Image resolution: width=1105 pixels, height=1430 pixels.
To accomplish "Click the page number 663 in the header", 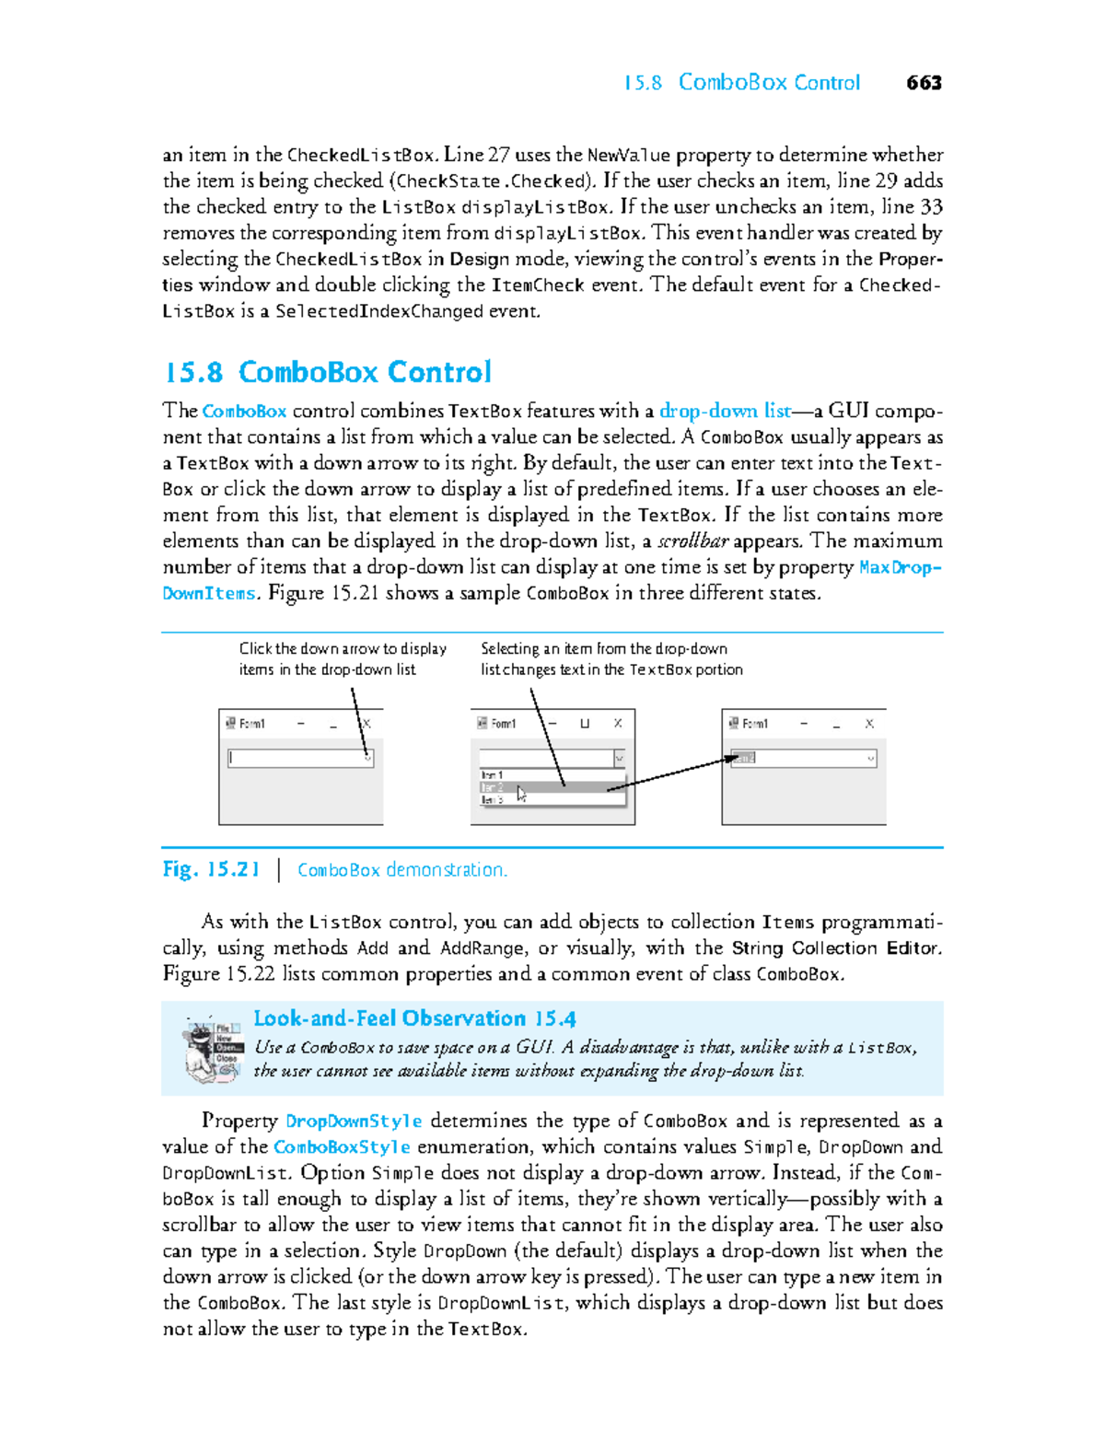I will pos(924,83).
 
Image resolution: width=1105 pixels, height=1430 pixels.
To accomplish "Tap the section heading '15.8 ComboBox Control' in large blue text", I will pos(328,372).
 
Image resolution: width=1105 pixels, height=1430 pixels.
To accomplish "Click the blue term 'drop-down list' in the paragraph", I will pos(725,411).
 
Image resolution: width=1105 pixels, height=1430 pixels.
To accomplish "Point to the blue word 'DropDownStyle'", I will pos(354,1121).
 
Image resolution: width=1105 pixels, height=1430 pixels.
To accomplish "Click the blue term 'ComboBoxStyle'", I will pos(342,1146).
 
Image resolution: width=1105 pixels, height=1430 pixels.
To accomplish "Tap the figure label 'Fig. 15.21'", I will pos(211,869).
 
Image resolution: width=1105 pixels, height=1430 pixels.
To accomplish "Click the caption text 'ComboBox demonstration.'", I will pos(402,869).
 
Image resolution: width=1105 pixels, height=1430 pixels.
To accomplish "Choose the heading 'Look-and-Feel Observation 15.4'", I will pos(414,1018).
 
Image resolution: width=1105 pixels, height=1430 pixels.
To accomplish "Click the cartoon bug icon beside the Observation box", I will pos(213,1050).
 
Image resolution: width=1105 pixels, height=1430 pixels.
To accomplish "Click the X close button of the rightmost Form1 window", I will pos(868,724).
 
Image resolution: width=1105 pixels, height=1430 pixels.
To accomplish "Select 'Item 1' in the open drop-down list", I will pos(493,775).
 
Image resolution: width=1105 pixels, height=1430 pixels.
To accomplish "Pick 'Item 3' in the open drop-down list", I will pos(493,800).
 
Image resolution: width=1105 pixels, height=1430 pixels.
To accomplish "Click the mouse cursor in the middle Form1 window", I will pos(521,794).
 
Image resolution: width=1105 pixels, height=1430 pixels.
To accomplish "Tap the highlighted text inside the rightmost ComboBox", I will pos(743,758).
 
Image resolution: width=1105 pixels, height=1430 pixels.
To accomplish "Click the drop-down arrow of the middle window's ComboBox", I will pos(619,758).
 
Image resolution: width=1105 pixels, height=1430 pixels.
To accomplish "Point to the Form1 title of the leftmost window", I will pos(252,724).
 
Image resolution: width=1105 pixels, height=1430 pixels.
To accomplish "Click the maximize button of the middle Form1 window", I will pos(585,724).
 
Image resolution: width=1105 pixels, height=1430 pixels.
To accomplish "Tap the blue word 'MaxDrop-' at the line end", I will pos(899,566).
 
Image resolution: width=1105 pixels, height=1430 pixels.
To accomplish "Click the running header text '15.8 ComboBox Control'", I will pos(742,83).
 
